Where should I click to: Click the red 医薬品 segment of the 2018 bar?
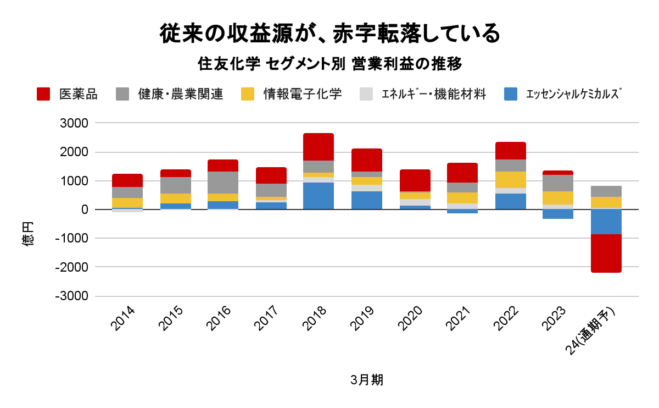coord(319,147)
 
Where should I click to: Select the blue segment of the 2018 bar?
coord(319,196)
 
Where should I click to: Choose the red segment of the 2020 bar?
coord(415,180)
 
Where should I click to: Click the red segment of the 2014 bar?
coord(127,180)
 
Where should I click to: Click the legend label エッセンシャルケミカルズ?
coord(573,94)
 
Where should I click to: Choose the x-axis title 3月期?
coord(366,380)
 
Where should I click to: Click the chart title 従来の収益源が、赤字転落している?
coord(329,34)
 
